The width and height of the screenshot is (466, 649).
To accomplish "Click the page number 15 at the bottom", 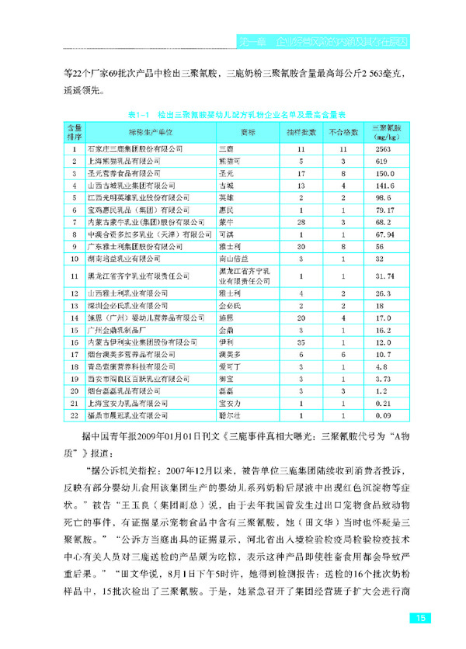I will [x=419, y=618].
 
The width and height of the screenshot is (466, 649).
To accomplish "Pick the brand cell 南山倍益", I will [x=233, y=257].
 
